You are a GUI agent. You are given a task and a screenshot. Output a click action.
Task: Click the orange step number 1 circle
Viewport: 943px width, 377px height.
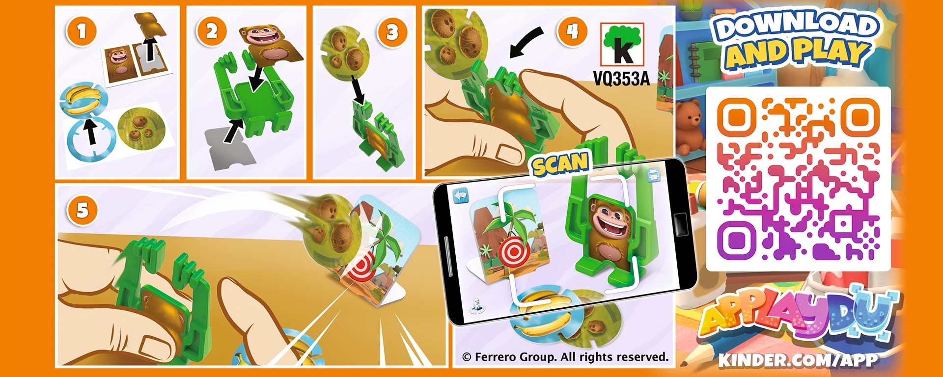click(82, 31)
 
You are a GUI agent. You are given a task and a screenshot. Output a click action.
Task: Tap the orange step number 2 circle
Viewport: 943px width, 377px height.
click(212, 31)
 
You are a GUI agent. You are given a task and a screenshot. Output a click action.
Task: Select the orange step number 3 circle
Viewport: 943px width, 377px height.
click(392, 32)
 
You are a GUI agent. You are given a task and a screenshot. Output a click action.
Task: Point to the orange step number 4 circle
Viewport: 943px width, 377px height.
click(572, 31)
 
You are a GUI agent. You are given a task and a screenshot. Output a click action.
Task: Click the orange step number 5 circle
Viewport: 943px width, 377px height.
click(83, 211)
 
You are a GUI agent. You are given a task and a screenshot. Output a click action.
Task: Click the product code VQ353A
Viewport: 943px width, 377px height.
click(621, 79)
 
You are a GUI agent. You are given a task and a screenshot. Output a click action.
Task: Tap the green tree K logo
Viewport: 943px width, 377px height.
click(623, 45)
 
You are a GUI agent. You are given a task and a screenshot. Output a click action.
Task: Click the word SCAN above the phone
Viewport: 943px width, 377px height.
click(560, 164)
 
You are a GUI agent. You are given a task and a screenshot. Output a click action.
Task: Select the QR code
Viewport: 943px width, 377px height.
click(798, 179)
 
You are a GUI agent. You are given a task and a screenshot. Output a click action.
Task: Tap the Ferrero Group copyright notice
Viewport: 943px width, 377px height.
click(565, 357)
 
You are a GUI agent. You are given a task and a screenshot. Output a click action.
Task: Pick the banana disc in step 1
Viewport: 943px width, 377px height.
click(83, 100)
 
